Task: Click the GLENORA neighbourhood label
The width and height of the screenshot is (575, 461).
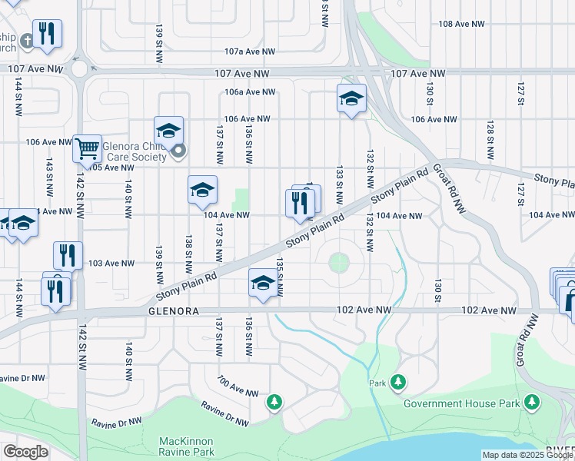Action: pos(174,311)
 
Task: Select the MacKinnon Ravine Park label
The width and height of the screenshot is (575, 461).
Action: pos(185,446)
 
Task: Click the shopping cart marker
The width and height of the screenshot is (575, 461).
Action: pos(87,148)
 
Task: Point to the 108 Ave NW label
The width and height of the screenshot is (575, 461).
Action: pos(461,25)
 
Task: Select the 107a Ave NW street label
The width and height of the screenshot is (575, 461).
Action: pos(249,51)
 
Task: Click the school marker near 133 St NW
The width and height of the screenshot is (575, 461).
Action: pos(351,98)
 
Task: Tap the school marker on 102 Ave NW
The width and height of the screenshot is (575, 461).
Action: pos(262,284)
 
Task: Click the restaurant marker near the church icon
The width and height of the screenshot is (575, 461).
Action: pos(48,34)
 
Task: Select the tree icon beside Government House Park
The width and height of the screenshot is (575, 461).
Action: pos(531,401)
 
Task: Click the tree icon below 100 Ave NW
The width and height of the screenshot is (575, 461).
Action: pos(274,401)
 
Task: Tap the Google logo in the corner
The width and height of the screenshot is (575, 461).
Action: pos(25,452)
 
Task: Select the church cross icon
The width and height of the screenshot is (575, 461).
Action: pos(27,40)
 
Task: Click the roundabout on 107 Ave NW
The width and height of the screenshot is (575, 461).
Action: pos(80,69)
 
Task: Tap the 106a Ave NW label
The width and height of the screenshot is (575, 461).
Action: pos(250,91)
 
